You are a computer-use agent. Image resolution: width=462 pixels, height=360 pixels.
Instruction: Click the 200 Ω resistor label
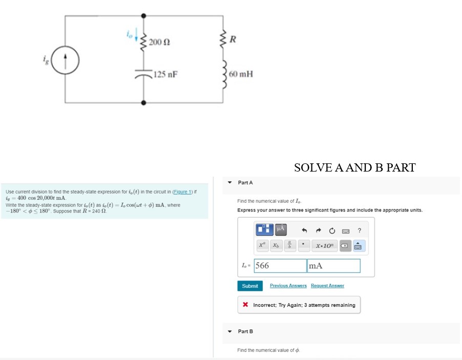point(160,41)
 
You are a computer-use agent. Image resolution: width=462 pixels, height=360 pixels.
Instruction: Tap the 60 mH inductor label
point(241,74)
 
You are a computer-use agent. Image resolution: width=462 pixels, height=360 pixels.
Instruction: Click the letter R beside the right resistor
point(233,39)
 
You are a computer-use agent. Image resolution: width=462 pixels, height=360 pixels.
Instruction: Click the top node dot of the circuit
point(143,16)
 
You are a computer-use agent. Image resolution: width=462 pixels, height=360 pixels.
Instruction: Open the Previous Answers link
point(288,286)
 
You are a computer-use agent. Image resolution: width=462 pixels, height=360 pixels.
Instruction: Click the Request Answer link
point(327,286)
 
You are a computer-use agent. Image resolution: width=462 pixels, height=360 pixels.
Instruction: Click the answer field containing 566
point(280,266)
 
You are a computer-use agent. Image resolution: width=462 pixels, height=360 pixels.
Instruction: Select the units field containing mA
point(333,266)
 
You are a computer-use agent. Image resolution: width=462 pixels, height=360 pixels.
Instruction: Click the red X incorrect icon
point(245,305)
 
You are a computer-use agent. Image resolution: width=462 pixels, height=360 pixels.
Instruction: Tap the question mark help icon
point(360,230)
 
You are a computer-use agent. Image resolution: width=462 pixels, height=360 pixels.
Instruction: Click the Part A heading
point(245,183)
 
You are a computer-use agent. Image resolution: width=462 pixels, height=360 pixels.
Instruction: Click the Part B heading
point(245,331)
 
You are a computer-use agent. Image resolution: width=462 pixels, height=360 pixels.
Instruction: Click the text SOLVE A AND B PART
point(354,167)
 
